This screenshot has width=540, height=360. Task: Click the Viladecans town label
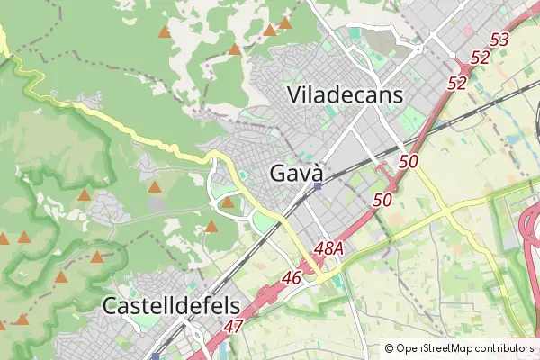point(345,94)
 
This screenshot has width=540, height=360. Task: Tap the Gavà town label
point(296,173)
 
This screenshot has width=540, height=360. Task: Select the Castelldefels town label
point(170,305)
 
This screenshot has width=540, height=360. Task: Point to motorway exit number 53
point(500,40)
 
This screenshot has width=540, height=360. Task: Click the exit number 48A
point(330,247)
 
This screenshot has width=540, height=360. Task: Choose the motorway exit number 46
point(291,278)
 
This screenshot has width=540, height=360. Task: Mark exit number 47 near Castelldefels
point(234,325)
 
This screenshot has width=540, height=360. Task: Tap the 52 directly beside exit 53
point(480,58)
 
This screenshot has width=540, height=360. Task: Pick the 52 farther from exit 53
point(457,83)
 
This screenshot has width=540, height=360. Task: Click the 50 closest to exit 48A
point(382,200)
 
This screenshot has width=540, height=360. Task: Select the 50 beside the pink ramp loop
point(409,162)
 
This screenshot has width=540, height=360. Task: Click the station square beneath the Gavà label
point(318,187)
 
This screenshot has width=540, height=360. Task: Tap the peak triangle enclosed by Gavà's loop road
point(228,202)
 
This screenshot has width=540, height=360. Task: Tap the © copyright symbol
point(389,348)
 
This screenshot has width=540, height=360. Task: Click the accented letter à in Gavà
point(316,173)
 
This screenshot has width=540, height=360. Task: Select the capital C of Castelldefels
point(111,305)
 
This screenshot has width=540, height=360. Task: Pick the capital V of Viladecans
point(294,94)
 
